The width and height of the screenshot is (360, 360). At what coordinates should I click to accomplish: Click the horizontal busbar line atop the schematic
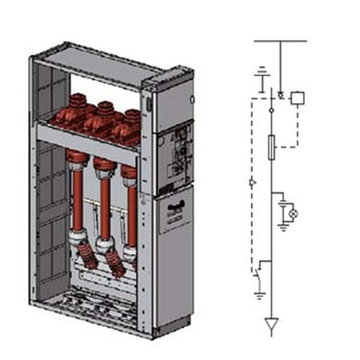click(x=281, y=41)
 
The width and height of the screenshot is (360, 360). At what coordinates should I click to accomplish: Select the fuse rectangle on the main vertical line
click(x=271, y=148)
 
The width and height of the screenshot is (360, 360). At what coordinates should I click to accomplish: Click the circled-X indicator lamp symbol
click(x=292, y=214)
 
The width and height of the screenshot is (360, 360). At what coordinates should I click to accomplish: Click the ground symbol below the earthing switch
click(x=259, y=294)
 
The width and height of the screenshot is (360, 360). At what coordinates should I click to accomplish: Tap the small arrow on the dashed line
click(x=251, y=183)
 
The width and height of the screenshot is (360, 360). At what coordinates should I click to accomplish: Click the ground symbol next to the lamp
click(x=283, y=226)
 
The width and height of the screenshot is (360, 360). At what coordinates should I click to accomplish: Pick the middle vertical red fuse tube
click(x=104, y=205)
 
